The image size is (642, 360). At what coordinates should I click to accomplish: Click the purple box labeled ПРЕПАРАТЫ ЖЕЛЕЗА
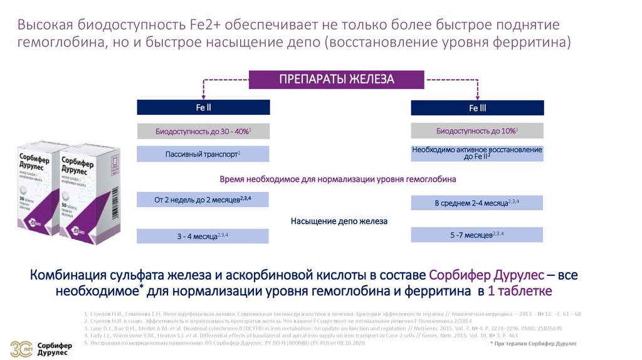coord(337,80)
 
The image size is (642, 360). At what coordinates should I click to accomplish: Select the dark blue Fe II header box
coord(203,107)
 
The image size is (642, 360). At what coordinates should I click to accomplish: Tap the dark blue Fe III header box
coord(477,108)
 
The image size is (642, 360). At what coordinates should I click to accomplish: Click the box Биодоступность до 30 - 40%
coord(203,131)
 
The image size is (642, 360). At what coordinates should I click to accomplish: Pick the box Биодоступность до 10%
coord(477,131)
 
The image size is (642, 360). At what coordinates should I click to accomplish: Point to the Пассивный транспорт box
coord(203,154)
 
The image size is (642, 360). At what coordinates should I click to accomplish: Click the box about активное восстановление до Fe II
coord(477,154)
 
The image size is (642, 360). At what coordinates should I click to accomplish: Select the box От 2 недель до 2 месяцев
coord(203,199)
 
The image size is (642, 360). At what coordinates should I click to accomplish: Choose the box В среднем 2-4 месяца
coord(477,203)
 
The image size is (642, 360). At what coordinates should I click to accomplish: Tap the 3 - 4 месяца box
coord(203,236)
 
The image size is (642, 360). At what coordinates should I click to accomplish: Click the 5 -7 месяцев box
coord(477,235)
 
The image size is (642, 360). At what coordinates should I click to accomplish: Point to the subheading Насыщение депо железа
coord(339,221)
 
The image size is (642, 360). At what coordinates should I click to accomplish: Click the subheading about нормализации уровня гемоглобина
coord(338,179)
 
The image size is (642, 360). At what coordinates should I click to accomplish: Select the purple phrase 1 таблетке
coord(520,291)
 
